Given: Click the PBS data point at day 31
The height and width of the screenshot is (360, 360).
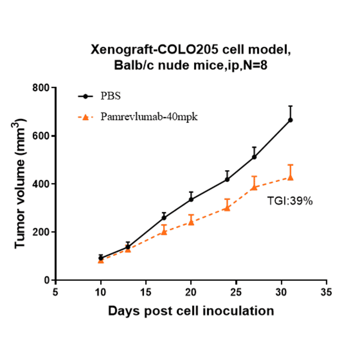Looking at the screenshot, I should click(x=290, y=120).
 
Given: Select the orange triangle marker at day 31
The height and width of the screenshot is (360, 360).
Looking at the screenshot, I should click(x=290, y=177).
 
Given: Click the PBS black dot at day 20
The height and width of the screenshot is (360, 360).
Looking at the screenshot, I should click(x=191, y=199).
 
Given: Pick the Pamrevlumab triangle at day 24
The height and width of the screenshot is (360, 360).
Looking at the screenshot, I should click(x=227, y=207).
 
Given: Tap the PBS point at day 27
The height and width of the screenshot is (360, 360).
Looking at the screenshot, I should click(x=254, y=157).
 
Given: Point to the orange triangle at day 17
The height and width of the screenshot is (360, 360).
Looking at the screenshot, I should click(x=164, y=231).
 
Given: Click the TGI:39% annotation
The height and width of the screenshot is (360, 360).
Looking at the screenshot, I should click(x=290, y=201).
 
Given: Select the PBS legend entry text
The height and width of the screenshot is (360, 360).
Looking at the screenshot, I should click(x=110, y=96).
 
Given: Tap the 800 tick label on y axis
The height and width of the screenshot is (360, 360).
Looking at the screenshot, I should click(x=42, y=88).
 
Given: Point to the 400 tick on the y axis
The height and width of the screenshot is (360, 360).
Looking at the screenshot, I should click(x=42, y=184).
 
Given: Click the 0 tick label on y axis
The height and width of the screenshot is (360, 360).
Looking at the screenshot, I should click(x=46, y=280).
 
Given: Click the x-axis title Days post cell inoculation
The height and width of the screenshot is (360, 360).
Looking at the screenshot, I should click(x=191, y=311).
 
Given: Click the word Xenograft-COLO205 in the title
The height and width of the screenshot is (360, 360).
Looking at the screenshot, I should click(x=150, y=50).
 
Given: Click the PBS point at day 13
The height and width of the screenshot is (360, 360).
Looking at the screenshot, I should click(x=128, y=247).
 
